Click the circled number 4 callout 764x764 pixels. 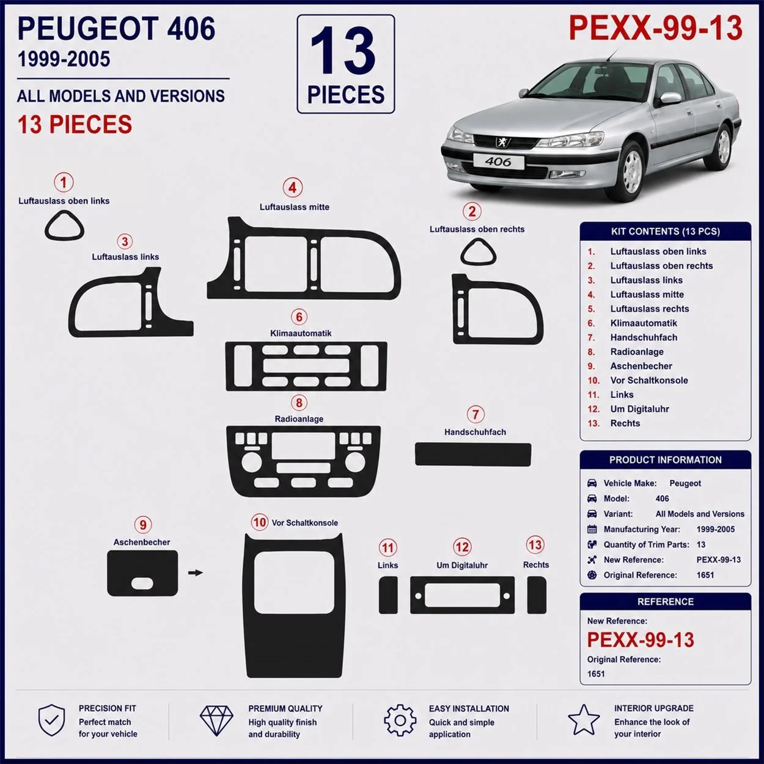pos(293,188)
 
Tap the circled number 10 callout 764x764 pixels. pos(260,522)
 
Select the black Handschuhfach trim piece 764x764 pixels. pos(473,454)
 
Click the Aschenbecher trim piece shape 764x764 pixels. pos(142,573)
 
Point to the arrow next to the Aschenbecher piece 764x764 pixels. pos(195,573)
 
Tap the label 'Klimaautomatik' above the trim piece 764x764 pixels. pos(301,333)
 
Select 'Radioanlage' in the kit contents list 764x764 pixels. pos(637,351)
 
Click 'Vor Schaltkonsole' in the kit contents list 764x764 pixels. pos(649,380)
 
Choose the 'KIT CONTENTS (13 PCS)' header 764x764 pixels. pos(665,231)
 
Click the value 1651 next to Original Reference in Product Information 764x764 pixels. pos(705,575)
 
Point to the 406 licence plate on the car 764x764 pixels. pos(498,162)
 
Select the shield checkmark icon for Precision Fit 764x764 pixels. pos(51,720)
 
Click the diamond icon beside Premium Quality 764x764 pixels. pos(216,721)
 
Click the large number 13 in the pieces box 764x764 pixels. pos(343,50)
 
